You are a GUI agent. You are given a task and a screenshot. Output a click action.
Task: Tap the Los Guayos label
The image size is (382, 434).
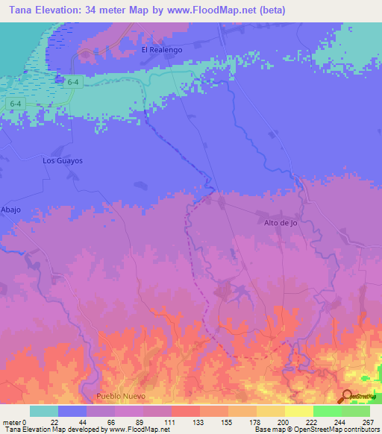pyautogui.click(x=62, y=160)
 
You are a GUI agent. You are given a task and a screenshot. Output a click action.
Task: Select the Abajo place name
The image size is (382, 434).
pyautogui.click(x=11, y=210)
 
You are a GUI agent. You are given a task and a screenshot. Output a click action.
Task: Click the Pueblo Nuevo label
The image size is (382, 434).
pyautogui.click(x=119, y=396)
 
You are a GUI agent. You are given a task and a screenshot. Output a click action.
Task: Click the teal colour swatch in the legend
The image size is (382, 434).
pyautogui.click(x=44, y=411)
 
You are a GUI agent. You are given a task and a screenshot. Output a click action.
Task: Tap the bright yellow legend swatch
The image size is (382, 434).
pyautogui.click(x=298, y=411)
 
